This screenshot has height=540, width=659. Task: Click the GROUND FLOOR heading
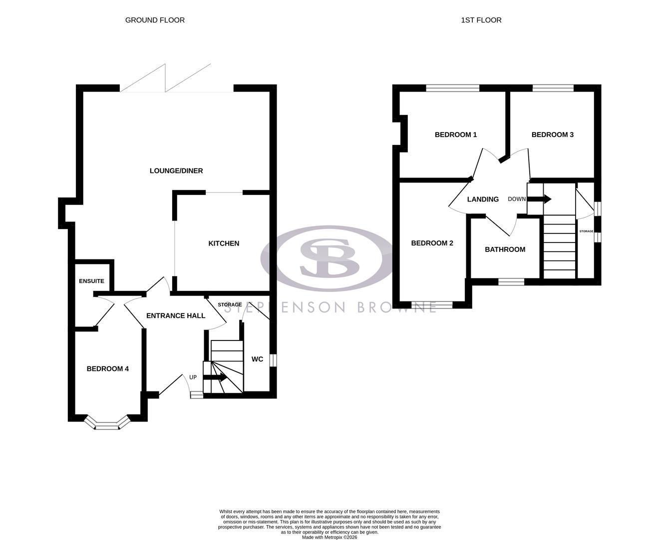(x=155, y=20)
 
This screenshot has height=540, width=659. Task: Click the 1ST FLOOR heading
(x=481, y=20)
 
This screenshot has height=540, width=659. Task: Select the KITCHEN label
(x=224, y=243)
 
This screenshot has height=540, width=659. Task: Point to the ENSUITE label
(x=91, y=281)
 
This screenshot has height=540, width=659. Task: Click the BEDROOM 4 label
(x=108, y=369)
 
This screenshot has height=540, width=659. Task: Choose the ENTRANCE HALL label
(x=176, y=316)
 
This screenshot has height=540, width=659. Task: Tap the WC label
(x=257, y=359)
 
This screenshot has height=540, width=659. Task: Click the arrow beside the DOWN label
(x=539, y=199)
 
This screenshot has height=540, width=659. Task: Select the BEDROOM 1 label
(x=456, y=134)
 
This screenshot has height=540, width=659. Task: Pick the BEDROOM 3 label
(x=552, y=134)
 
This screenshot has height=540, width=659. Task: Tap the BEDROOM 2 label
(x=432, y=243)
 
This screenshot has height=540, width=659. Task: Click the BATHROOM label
(x=505, y=249)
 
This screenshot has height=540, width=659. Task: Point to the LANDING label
(x=483, y=199)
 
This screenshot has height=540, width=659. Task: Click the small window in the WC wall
(x=273, y=360)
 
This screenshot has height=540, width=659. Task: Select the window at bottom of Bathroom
(x=511, y=282)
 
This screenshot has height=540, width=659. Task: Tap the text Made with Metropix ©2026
(x=329, y=537)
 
